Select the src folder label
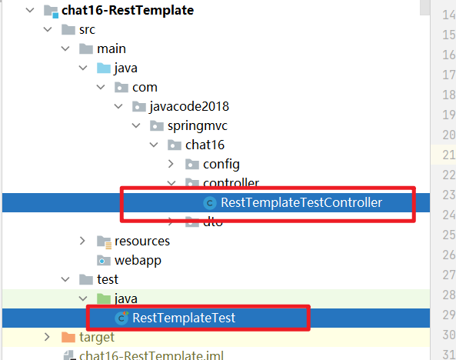(x=88, y=30)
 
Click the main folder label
(x=112, y=49)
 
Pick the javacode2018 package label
(x=189, y=106)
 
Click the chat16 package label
(x=205, y=145)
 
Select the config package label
(x=221, y=164)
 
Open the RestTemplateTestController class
(x=301, y=203)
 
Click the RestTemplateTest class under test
(x=184, y=318)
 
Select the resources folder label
(x=142, y=241)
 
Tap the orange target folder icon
(x=68, y=337)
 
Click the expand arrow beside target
(x=47, y=337)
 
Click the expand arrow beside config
(x=171, y=164)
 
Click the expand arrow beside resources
(x=82, y=241)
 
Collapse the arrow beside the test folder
(x=65, y=279)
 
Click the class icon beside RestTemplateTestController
(x=209, y=203)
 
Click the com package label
(x=145, y=88)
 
